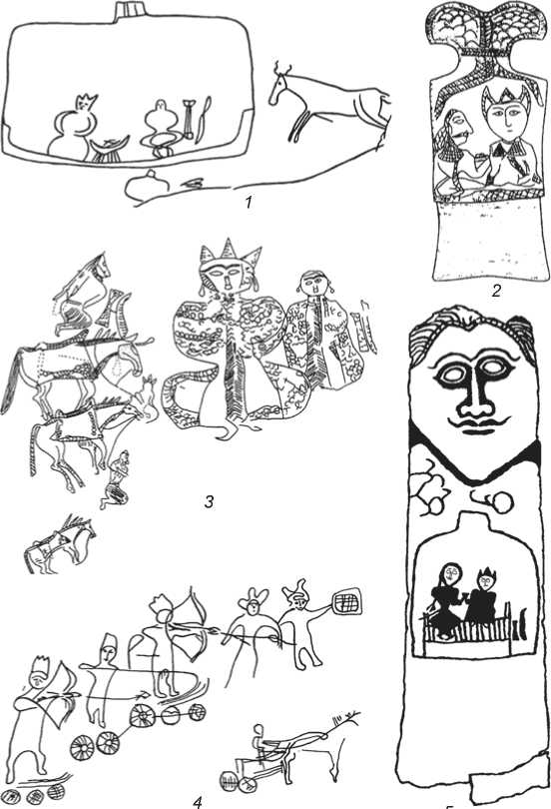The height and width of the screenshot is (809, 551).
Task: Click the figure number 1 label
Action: coord(249,202)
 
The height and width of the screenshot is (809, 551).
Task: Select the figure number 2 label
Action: coord(496,292)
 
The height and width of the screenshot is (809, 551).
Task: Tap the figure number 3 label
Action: coord(209,501)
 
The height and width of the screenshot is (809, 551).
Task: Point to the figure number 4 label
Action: coord(198,802)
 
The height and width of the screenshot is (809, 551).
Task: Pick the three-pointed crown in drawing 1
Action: coord(87,102)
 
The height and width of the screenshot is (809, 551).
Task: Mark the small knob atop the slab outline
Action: coord(129,10)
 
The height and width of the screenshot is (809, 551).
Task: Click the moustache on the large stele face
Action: coord(475,423)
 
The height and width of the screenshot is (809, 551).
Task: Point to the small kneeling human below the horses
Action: coord(117,479)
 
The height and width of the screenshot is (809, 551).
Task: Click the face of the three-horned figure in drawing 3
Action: coord(228,275)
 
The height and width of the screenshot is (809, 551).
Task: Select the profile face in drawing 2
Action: coord(460,127)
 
